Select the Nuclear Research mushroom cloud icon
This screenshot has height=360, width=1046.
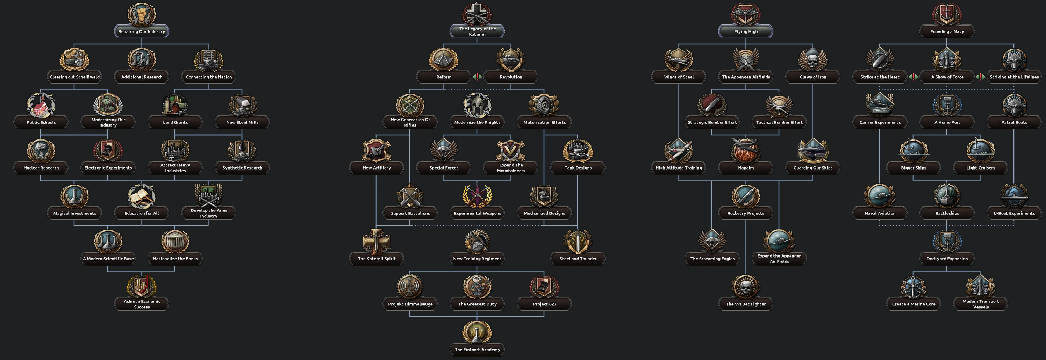[41, 151]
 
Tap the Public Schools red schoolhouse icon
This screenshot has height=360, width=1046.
[41, 105]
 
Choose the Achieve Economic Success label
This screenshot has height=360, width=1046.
[142, 304]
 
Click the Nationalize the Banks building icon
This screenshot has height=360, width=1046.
[175, 242]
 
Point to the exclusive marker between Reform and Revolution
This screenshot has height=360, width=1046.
[477, 77]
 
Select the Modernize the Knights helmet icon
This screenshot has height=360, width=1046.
[477, 105]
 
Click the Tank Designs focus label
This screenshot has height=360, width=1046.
[578, 168]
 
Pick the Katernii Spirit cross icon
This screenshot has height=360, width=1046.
[377, 242]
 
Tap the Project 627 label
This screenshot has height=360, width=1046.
[544, 304]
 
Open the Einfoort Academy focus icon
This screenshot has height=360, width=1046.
[477, 332]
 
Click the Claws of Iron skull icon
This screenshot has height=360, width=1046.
[812, 60]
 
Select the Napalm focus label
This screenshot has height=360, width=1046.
[745, 168]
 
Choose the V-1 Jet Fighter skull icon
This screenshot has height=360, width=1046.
[745, 287]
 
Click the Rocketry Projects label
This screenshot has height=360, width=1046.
[745, 213]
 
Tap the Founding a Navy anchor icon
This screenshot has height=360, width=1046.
[947, 14]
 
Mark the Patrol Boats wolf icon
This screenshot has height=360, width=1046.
[1014, 105]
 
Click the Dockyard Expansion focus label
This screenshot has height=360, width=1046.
[947, 259]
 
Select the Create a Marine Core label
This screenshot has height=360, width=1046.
[913, 304]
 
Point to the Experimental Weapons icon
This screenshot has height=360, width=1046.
[477, 196]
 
